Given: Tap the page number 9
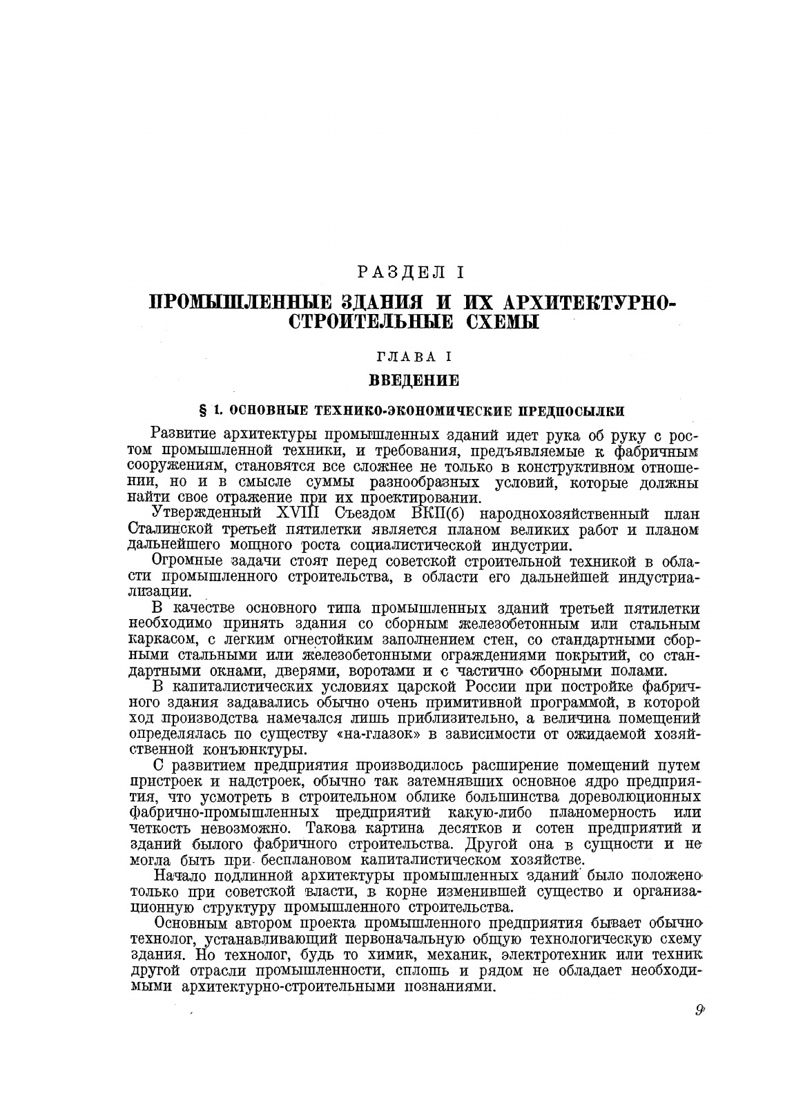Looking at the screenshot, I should [699, 1012].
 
